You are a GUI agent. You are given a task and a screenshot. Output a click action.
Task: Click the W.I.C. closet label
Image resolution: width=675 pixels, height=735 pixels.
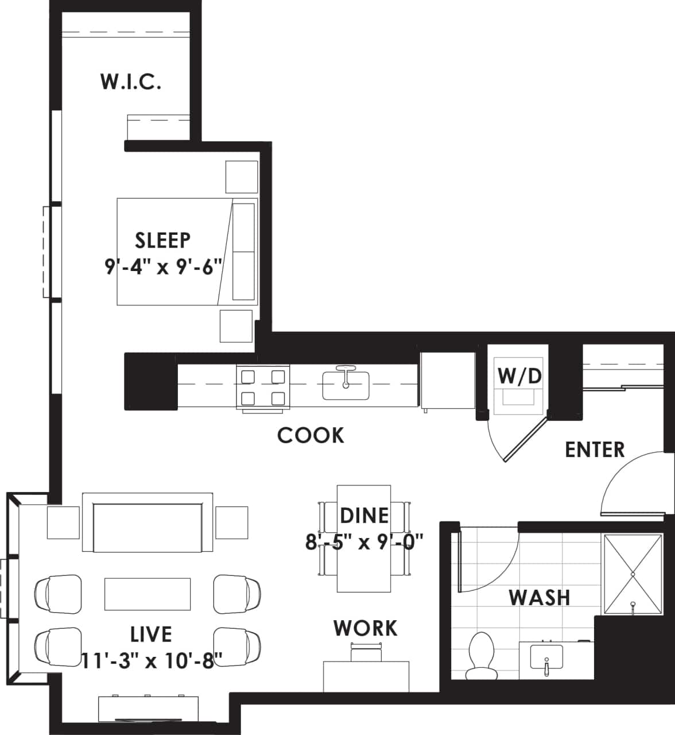(x=131, y=82)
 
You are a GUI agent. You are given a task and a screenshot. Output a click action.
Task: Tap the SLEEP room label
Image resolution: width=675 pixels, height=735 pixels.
(x=163, y=240)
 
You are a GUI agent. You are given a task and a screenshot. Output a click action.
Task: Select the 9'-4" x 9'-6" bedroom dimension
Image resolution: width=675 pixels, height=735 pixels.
(x=163, y=267)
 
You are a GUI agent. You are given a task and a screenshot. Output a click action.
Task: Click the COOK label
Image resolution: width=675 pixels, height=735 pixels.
(x=311, y=435)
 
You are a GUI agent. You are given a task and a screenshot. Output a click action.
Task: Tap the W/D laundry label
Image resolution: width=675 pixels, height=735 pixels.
(x=519, y=376)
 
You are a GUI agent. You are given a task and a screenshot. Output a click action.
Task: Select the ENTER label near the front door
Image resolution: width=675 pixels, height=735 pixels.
(x=595, y=450)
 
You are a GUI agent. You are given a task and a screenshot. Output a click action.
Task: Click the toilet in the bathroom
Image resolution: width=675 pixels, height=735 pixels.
(x=480, y=654)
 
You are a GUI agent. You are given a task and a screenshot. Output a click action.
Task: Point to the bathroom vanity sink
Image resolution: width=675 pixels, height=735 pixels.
(x=546, y=657)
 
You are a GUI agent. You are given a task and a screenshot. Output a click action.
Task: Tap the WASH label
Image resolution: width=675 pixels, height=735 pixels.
(x=540, y=598)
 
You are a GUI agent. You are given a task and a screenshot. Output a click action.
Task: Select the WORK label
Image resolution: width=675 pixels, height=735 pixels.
(x=366, y=628)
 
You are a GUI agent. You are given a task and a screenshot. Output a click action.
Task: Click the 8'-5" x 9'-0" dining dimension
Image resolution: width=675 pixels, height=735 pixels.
(x=364, y=541)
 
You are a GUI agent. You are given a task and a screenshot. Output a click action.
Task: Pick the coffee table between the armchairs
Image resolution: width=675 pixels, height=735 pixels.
(x=147, y=594)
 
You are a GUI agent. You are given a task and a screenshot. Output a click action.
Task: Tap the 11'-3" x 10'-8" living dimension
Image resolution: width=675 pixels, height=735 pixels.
(x=151, y=660)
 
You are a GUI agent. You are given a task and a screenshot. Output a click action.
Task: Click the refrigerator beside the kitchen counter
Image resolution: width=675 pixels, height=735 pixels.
(x=448, y=381)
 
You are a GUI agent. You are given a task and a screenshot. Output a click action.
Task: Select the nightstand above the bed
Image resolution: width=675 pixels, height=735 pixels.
(x=241, y=177)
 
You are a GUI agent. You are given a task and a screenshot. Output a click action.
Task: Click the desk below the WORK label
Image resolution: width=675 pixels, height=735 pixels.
(x=366, y=676)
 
